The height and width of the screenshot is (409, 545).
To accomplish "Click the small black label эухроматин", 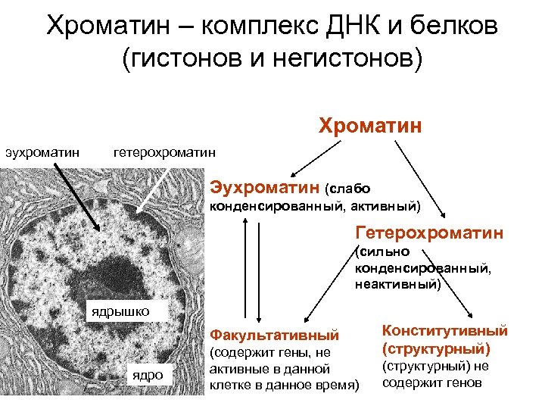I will (43, 152).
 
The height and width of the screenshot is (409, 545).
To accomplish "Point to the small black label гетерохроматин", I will (164, 152).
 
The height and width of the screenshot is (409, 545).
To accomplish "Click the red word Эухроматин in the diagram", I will (265, 186).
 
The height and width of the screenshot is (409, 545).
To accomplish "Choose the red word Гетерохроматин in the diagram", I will (429, 233).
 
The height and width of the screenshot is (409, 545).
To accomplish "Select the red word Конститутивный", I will (445, 331).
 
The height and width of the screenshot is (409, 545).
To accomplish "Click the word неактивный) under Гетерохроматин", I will (397, 284).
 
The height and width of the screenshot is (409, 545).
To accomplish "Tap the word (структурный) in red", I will (437, 349).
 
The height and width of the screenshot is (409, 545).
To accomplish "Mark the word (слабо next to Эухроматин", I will (347, 187).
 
